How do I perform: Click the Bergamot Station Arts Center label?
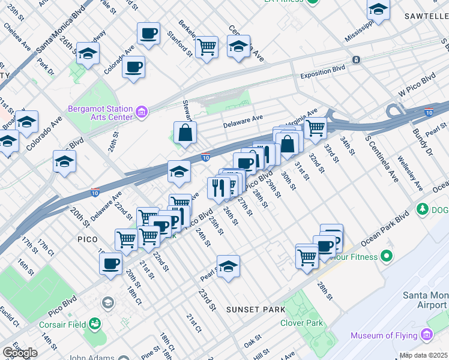point(100,113)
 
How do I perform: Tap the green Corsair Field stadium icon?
point(95,325)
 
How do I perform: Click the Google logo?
point(20,353)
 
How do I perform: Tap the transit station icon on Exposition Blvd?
point(357,60)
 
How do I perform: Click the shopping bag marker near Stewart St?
point(185,133)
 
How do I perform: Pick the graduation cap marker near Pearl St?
point(228,266)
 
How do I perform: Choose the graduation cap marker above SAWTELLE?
point(378,10)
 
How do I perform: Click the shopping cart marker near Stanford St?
point(206,46)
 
